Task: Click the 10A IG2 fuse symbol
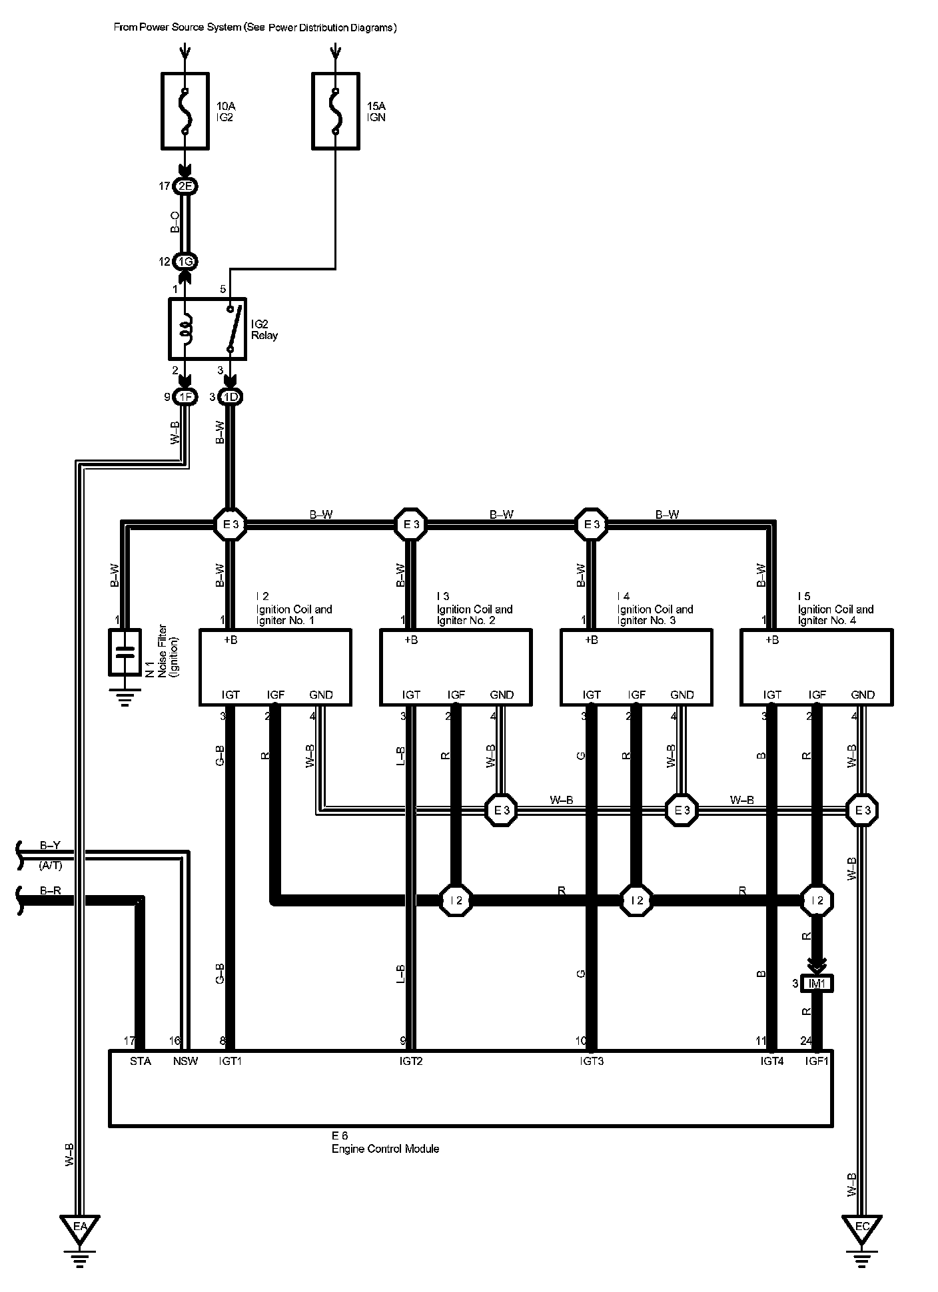tap(185, 111)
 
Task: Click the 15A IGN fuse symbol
tap(336, 111)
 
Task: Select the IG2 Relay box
tap(207, 329)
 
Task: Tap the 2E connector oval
tap(185, 186)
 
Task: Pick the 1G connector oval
tap(185, 262)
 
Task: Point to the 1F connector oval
tap(185, 398)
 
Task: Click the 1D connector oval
tap(231, 398)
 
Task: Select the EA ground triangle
tap(79, 1227)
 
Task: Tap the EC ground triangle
tap(861, 1227)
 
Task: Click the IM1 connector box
tap(817, 984)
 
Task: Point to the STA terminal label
tap(141, 1062)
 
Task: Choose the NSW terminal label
tap(185, 1062)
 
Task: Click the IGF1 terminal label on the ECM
tap(817, 1062)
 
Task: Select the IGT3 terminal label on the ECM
tap(592, 1062)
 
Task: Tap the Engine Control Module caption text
tap(385, 1149)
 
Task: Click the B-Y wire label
tap(50, 846)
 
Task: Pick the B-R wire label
tap(50, 890)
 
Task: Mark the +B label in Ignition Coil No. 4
tap(771, 640)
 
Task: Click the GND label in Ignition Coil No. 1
tap(321, 695)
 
